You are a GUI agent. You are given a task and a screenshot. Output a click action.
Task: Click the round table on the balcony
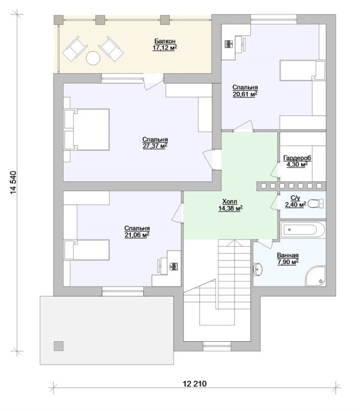coord(93,58)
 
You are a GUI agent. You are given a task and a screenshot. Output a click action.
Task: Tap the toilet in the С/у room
coord(316,204)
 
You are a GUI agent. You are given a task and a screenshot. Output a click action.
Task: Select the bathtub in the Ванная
coord(303,230)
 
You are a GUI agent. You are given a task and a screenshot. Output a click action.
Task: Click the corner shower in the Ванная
coord(316,276)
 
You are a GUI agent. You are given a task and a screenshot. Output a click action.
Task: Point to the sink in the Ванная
coord(258,269)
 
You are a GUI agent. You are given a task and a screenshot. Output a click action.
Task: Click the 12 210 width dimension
coord(194,384)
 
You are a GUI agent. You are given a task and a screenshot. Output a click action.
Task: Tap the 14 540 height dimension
coord(13,183)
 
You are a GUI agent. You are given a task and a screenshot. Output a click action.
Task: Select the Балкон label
coord(164,41)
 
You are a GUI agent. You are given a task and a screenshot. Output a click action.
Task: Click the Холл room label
coord(230,202)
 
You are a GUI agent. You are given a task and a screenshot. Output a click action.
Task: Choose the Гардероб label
coord(297,158)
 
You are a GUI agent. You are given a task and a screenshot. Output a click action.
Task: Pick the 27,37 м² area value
coord(155,146)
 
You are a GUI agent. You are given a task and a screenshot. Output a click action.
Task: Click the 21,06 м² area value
coord(137,235)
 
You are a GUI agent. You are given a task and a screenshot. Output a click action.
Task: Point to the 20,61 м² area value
coord(245,94)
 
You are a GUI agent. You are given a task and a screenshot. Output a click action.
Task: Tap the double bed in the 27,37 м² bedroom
coord(86,130)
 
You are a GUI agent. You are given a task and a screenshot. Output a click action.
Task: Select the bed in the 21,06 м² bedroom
coord(86,250)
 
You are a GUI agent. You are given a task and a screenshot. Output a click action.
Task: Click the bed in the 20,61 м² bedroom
coord(302,70)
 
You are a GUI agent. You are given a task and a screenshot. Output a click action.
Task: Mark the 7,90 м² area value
coord(288,262)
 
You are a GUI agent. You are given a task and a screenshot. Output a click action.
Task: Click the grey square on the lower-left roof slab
coord(59,346)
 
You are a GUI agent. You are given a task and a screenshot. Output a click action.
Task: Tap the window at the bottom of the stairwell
coord(217,346)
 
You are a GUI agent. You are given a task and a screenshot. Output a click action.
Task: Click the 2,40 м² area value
coord(296,204)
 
